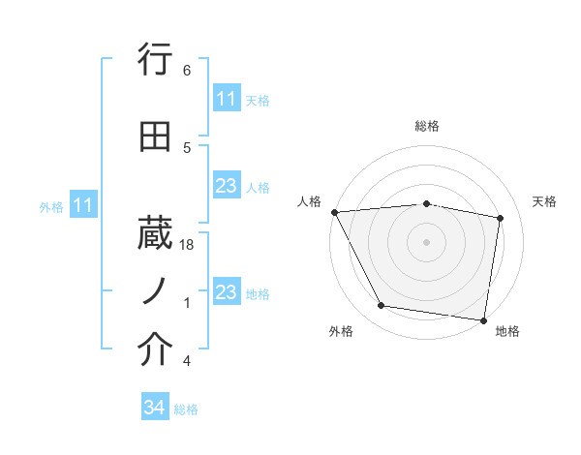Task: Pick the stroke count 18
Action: [x=188, y=247]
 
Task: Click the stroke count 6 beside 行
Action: [x=187, y=71]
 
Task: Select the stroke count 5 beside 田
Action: [x=187, y=147]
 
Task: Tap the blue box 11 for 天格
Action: [x=226, y=99]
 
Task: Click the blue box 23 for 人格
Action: [x=226, y=186]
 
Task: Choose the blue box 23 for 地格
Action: [x=226, y=292]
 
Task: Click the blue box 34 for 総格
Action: [x=155, y=409]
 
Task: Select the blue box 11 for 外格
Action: [x=82, y=205]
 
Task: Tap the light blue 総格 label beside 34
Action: [x=187, y=409]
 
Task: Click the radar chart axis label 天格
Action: [x=545, y=201]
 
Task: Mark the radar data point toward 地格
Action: [x=484, y=319]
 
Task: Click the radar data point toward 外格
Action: [x=382, y=307]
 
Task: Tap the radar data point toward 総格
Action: [x=426, y=203]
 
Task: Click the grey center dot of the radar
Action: [x=426, y=241]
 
